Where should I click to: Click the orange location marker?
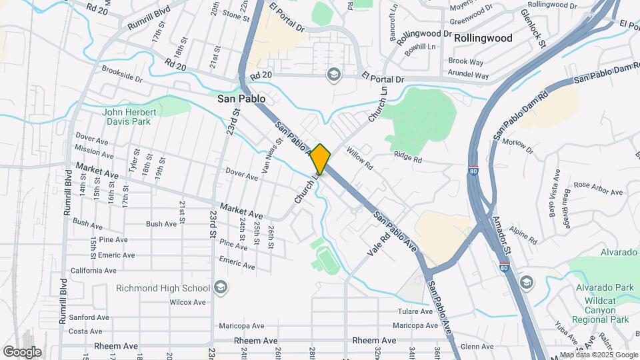(321, 159)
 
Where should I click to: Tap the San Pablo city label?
(241, 99)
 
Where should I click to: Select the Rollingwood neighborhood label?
(483, 38)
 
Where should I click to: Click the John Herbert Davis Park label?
(130, 117)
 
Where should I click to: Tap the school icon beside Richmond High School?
(221, 288)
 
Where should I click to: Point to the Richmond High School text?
(163, 288)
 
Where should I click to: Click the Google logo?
(22, 352)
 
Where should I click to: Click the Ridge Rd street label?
(408, 159)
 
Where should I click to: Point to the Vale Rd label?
(378, 245)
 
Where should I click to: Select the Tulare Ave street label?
(416, 311)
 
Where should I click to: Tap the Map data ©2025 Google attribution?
(598, 355)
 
